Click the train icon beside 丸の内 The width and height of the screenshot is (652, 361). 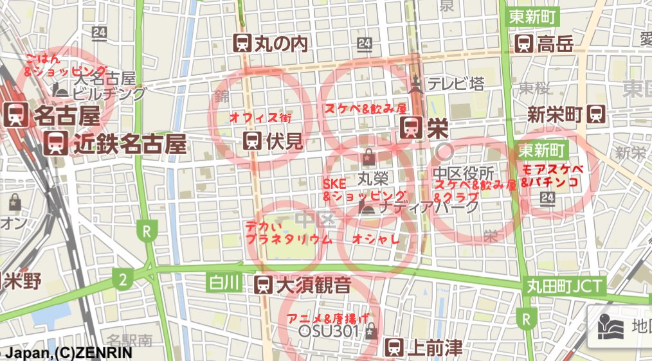click(x=242, y=43)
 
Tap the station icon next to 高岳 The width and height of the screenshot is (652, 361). click(x=524, y=44)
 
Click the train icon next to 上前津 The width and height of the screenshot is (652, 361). click(x=394, y=348)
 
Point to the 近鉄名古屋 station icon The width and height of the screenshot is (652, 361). click(x=57, y=143)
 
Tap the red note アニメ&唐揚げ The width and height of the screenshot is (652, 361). click(x=329, y=317)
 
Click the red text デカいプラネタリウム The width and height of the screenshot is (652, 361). click(x=288, y=233)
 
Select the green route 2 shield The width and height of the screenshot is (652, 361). click(x=121, y=279)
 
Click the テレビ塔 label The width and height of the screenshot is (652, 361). click(x=456, y=84)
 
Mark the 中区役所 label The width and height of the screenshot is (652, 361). click(x=463, y=173)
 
